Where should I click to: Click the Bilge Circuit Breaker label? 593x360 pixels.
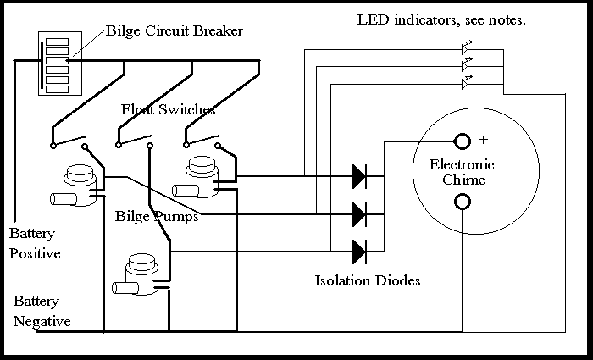(175, 32)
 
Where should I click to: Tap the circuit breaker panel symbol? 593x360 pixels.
(57, 64)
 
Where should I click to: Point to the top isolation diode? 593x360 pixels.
(359, 176)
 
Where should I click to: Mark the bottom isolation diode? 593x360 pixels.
(359, 252)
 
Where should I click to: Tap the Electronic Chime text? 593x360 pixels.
(462, 172)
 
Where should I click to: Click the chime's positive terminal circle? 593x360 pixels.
(463, 141)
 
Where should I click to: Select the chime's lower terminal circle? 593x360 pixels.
(463, 202)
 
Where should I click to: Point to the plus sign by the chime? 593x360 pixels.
(484, 139)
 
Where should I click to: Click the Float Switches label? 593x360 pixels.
(168, 110)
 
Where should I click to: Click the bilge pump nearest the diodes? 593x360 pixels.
(201, 174)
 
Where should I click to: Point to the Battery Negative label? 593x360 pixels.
(42, 311)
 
